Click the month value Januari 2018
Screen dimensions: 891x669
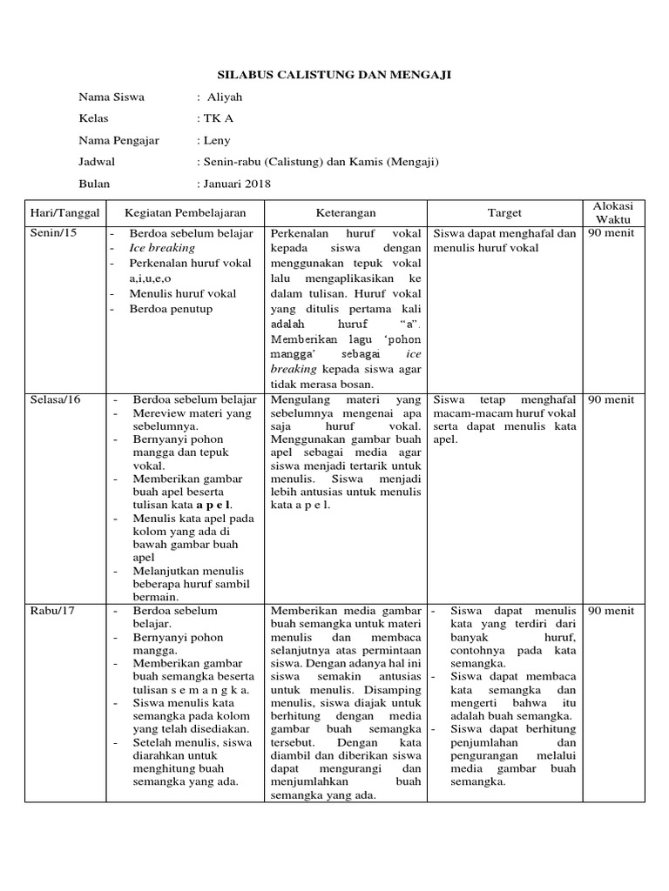point(234,184)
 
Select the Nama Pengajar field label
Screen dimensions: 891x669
point(118,140)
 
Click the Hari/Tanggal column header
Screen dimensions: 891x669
point(65,212)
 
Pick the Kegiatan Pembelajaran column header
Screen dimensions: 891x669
point(185,212)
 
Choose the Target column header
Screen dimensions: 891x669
point(504,212)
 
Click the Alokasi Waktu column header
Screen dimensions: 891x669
point(613,212)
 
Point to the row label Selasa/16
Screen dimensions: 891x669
point(55,399)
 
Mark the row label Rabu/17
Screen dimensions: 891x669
point(51,611)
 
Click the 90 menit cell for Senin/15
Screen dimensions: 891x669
point(611,233)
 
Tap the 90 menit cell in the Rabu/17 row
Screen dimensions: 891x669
point(611,611)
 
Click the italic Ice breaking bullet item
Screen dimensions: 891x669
point(163,248)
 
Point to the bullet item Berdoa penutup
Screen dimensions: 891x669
point(171,309)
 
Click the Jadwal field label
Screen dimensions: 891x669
point(97,162)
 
